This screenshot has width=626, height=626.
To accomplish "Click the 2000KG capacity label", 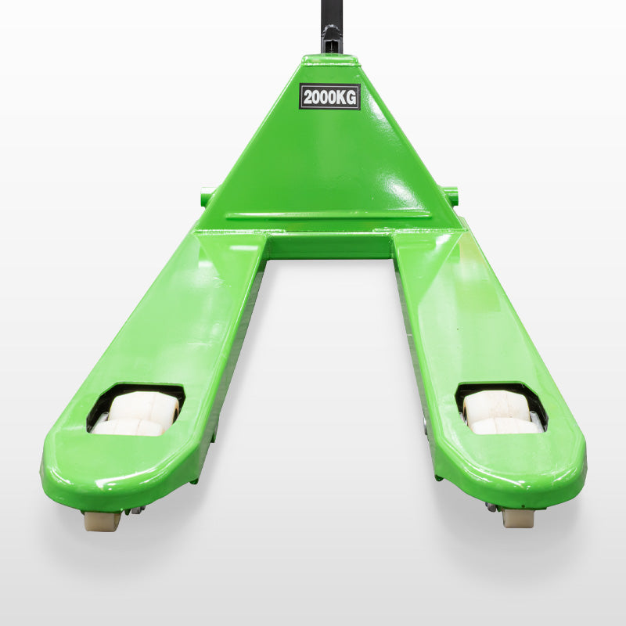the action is (329, 96).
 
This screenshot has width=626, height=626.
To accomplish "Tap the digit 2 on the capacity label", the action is (308, 97).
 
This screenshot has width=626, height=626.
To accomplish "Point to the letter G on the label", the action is (351, 97).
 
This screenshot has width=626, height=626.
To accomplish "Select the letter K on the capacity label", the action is (341, 97).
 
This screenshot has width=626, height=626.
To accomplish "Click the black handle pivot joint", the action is (331, 38).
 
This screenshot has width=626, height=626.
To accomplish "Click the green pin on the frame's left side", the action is (207, 197).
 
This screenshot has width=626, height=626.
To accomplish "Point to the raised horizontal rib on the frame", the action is (328, 217).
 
